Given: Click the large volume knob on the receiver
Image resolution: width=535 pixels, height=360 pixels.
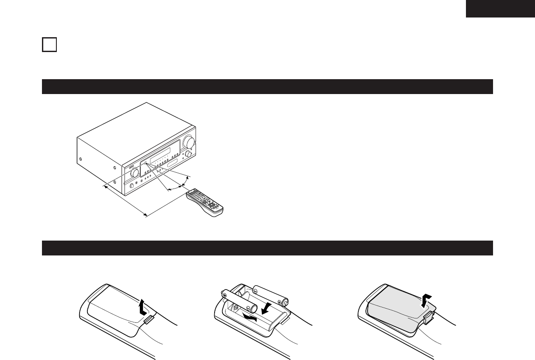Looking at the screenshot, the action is pyautogui.click(x=189, y=142).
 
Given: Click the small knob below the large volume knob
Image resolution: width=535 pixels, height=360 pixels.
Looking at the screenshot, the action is pyautogui.click(x=188, y=154).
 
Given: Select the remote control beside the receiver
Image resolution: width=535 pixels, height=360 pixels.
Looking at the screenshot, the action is pyautogui.click(x=205, y=202).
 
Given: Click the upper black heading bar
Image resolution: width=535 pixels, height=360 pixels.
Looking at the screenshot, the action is pyautogui.click(x=267, y=87).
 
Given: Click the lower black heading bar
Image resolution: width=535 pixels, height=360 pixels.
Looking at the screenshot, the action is pyautogui.click(x=267, y=248).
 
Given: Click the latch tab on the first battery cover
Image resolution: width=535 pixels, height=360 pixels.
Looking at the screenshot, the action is pyautogui.click(x=149, y=320).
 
